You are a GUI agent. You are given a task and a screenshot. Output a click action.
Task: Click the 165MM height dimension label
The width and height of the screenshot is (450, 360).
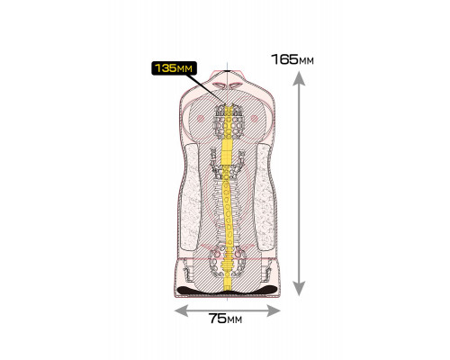[292, 59]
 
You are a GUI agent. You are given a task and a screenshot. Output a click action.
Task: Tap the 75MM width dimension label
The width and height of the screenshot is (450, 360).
[225, 319]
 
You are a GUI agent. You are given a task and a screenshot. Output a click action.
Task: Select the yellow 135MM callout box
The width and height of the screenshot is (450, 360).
[174, 68]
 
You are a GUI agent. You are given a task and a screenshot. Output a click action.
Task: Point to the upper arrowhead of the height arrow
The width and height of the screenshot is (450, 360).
[299, 78]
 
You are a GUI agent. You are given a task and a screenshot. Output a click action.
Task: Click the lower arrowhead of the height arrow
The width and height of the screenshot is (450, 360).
[299, 289]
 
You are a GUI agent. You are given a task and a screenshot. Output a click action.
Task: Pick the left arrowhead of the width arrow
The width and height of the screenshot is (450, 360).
[181, 310]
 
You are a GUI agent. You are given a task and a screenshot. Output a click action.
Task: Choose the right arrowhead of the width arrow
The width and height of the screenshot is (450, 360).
[274, 310]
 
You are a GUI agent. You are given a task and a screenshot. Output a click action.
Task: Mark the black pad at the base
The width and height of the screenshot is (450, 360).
[227, 290]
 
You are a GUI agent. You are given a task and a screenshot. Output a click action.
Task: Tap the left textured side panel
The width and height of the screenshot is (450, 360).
[190, 198]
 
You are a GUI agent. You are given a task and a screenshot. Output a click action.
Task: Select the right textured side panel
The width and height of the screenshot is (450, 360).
[265, 198]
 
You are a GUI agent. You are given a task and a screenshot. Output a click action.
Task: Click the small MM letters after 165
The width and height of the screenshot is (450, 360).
[306, 61]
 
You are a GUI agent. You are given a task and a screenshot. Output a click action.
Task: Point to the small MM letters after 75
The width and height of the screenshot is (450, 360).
[235, 320]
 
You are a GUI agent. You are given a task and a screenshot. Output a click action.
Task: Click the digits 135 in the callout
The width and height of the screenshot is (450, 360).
[165, 67]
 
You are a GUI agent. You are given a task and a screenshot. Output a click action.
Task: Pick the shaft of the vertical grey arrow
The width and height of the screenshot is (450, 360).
[299, 184]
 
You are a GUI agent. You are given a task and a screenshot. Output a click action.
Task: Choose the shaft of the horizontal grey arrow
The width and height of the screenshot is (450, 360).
[228, 310]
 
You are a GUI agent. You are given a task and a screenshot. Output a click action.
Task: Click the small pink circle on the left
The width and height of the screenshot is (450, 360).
[201, 118]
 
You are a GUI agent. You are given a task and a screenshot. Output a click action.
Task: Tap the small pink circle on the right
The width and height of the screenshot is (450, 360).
[254, 118]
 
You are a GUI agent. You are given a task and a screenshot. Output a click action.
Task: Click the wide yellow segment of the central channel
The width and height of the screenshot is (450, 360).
[227, 153]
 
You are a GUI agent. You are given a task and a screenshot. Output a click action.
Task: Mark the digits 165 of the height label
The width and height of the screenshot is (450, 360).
[284, 59]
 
